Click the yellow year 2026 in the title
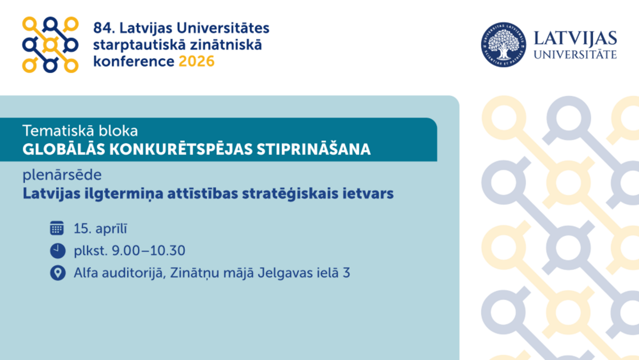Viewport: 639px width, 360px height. pyautogui.click(x=196, y=61)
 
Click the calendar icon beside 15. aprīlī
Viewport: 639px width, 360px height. pyautogui.click(x=57, y=228)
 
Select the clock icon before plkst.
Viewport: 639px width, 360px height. pyautogui.click(x=58, y=251)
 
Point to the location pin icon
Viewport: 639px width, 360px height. pyautogui.click(x=58, y=273)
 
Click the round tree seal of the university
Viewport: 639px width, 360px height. pyautogui.click(x=504, y=45)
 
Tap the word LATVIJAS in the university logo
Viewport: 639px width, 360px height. pyautogui.click(x=575, y=38)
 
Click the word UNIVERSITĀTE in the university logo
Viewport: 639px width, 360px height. pyautogui.click(x=575, y=54)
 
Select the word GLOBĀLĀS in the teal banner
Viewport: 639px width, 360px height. pyautogui.click(x=63, y=149)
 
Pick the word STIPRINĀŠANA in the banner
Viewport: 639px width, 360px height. pyautogui.click(x=314, y=149)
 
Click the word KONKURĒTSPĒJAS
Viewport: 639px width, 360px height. pyautogui.click(x=181, y=149)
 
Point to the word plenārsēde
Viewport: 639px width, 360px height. pyautogui.click(x=62, y=175)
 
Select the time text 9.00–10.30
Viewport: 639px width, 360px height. pyautogui.click(x=149, y=250)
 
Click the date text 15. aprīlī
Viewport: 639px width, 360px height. pyautogui.click(x=101, y=228)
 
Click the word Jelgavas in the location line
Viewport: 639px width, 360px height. pyautogui.click(x=285, y=273)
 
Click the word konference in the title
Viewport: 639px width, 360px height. pyautogui.click(x=134, y=61)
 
